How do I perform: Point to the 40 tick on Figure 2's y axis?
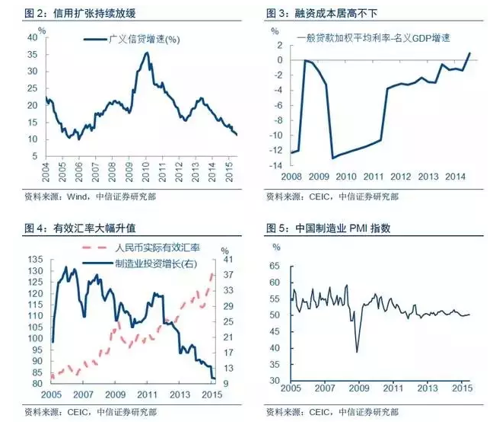pos(31,37)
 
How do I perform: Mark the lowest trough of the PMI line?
pos(357,351)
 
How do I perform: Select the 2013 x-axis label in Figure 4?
pos(180,394)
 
